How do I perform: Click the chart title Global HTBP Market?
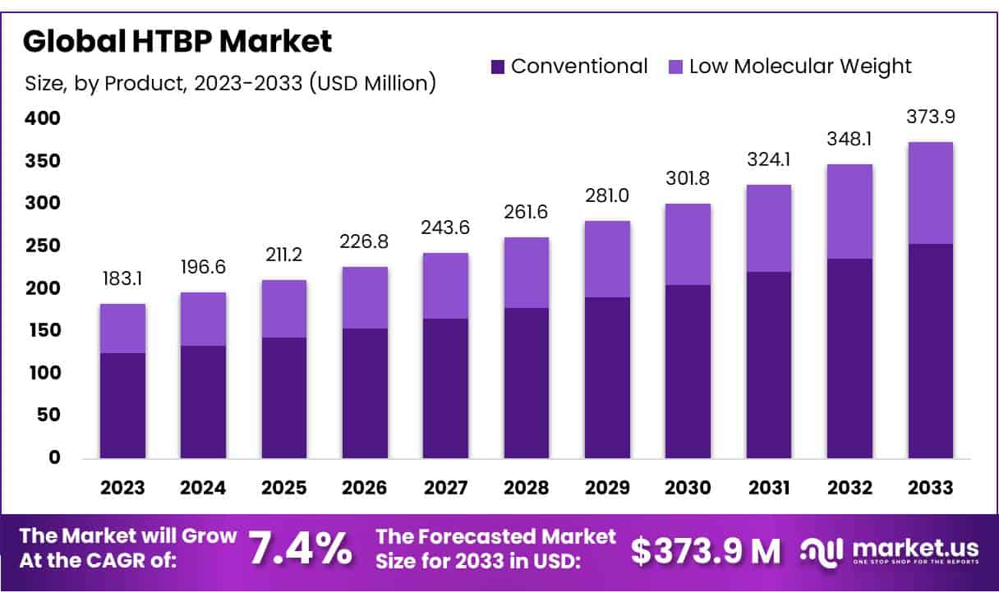[x=177, y=41]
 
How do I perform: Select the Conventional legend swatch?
[x=498, y=67]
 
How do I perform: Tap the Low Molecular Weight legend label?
[x=800, y=67]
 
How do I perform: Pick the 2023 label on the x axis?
[x=122, y=487]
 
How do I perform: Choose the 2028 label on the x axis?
[x=527, y=487]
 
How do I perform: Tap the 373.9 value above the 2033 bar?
[x=931, y=117]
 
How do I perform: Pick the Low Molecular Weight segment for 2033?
[x=931, y=193]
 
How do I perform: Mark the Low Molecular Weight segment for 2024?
[x=203, y=319]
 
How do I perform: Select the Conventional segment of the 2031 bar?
[x=769, y=365]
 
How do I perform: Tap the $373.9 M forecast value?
[x=706, y=551]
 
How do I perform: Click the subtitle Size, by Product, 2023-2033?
[x=230, y=83]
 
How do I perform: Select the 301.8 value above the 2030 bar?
[x=688, y=178]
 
